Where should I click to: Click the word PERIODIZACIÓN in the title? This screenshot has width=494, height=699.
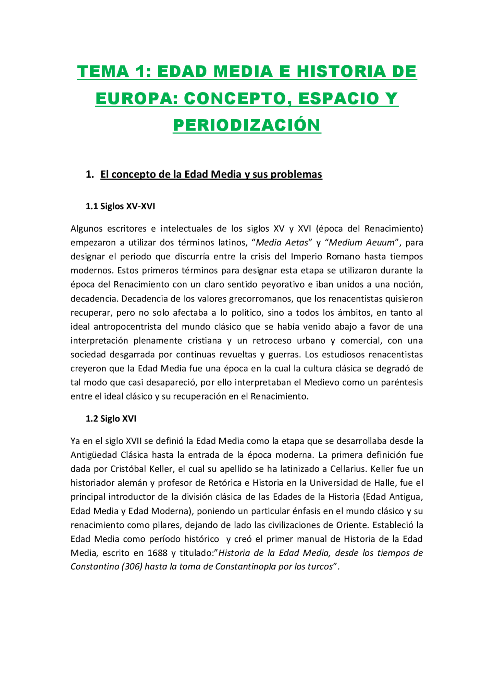[x=247, y=125]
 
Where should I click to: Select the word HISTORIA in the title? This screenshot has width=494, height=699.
[x=341, y=72]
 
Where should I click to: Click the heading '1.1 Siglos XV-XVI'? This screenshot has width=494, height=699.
[x=120, y=206]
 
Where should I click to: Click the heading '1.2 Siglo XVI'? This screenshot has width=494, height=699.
[x=111, y=419]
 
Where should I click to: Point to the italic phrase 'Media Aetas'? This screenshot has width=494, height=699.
[x=282, y=243]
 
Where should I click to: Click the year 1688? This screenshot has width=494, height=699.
[x=157, y=553]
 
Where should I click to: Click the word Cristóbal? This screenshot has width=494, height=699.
[x=128, y=469]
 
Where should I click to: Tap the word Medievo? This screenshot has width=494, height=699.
[x=322, y=383]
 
